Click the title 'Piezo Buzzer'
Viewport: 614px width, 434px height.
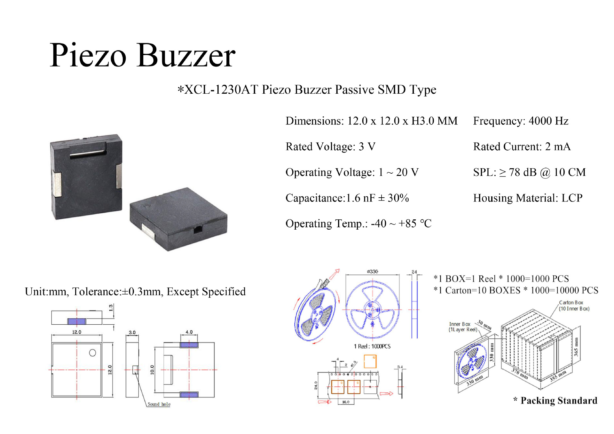point(143,55)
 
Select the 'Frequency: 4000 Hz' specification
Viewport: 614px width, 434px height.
point(521,121)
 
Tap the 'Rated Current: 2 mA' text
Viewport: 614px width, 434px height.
point(522,146)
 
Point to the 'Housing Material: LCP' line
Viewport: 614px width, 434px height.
point(528,198)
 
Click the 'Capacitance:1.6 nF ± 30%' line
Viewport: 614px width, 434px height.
point(347,198)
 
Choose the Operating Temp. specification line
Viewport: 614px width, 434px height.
point(358,224)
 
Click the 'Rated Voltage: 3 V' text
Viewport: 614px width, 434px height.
point(330,146)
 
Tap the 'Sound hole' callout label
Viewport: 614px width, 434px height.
point(159,404)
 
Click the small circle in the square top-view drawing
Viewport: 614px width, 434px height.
point(92,353)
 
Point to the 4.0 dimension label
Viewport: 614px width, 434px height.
point(189,332)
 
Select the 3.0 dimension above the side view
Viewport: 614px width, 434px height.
point(132,332)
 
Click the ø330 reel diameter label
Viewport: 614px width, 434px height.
point(373,272)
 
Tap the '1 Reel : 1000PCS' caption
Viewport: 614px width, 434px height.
point(372,346)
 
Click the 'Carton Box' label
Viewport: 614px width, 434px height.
point(571,303)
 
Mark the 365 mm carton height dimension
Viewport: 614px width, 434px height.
point(576,347)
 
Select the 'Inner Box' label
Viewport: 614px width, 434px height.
point(460,324)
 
